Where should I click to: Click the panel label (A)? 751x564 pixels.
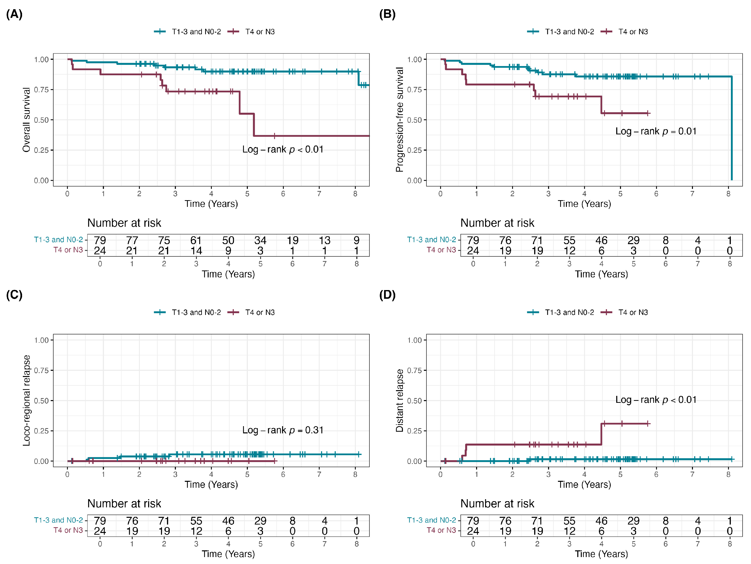pos(14,14)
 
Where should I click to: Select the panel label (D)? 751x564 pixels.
pos(387,295)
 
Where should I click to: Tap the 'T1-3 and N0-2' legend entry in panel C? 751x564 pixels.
pos(187,312)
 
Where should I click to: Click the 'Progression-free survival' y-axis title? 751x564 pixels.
pos(400,120)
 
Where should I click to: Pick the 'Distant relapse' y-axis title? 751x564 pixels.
pos(400,400)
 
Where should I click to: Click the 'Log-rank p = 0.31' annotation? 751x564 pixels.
pos(283,430)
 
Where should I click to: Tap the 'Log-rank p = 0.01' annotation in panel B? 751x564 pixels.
pos(656,131)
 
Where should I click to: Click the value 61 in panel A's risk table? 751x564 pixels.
pos(196,240)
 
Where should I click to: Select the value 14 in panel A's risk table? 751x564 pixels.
pos(196,251)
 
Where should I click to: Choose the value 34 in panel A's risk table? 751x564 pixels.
pos(261,240)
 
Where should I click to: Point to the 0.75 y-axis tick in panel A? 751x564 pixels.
pos(41,90)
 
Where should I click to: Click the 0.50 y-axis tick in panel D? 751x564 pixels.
pos(415,401)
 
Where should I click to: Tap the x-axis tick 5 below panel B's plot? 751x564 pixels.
pos(620,194)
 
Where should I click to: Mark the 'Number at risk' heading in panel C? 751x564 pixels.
pos(124,503)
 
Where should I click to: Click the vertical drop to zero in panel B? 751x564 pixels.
pos(732,128)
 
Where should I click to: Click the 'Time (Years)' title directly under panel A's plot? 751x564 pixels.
pos(211,204)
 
